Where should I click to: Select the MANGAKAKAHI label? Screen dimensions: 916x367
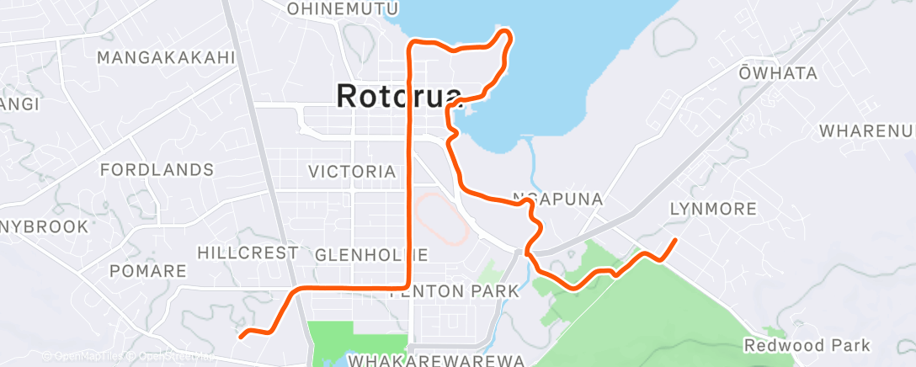point(165,57)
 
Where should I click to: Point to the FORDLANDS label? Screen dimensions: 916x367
point(157,170)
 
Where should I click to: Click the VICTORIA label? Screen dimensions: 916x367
point(352,172)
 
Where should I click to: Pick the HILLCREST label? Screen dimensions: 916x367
point(248,253)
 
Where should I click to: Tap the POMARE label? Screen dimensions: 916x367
point(148,271)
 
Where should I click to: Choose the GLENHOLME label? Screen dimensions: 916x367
point(370,254)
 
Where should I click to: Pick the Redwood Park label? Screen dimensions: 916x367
point(807,345)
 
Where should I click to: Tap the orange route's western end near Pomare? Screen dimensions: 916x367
point(242,337)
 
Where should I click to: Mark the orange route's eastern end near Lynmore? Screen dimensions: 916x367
point(675,241)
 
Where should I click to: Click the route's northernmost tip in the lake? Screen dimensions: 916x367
point(506,32)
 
